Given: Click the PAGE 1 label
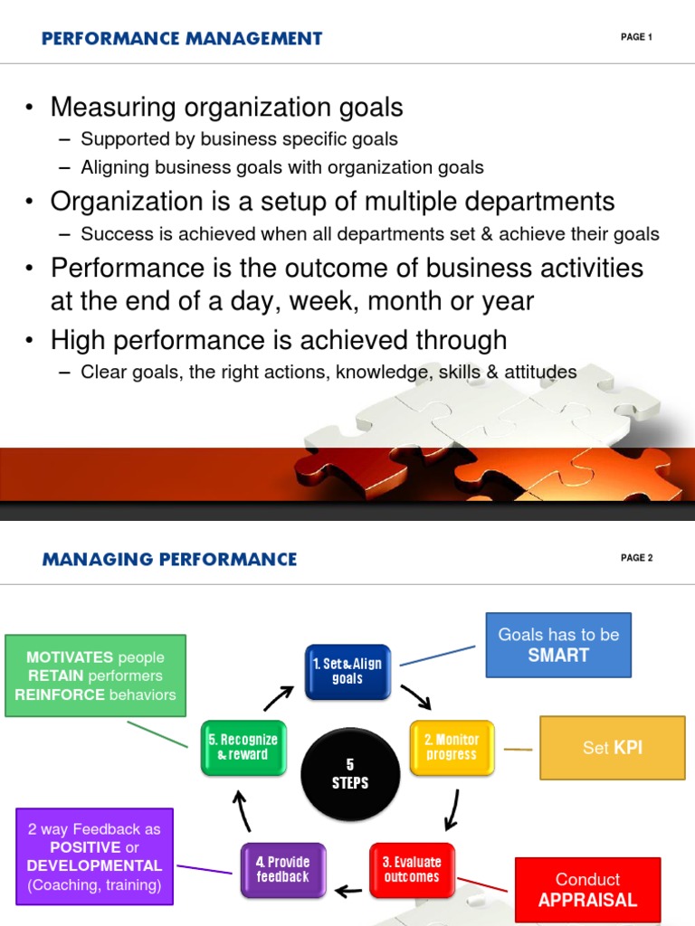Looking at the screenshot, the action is pos(636,36).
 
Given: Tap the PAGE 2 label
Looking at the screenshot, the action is pos(636,557).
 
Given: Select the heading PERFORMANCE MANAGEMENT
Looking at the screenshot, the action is pos(182,38).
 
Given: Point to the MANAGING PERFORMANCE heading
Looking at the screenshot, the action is pos(169,559).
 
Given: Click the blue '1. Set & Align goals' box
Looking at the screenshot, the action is pos(347,672).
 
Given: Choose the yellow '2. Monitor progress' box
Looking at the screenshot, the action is pos(452,747).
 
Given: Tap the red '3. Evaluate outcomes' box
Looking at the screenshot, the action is pos(412,870).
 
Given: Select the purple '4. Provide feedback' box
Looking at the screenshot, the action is pos(283,870).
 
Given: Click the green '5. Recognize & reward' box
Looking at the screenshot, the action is pos(243,747).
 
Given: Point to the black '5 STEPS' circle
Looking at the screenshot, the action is pos(350,774).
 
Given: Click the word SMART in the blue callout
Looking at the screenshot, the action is pos(558,655).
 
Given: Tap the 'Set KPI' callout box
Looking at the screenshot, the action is pos(613,748).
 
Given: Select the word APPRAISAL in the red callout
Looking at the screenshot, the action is pos(588,900).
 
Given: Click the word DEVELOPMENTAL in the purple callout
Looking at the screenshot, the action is pos(94,865).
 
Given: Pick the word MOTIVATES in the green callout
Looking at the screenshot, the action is pos(70,657).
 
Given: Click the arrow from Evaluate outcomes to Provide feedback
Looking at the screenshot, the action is pos(348,890).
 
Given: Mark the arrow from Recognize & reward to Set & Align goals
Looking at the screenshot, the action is pos(279,697).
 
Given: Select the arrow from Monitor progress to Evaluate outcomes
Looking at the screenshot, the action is pos(452,809).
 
